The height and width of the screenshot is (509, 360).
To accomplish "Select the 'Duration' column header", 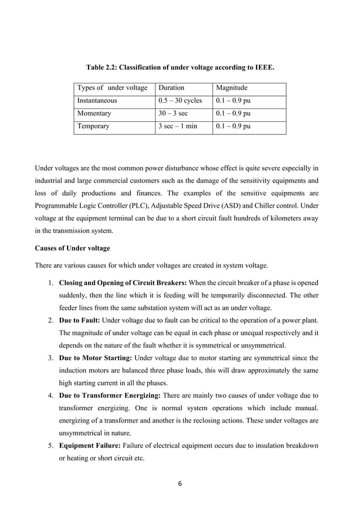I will tap(171, 88).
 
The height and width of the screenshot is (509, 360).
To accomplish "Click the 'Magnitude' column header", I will tap(232, 88).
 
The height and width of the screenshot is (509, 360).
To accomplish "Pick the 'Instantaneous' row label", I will tap(97, 101).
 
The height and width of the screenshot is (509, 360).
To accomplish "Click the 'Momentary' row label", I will tap(93, 113).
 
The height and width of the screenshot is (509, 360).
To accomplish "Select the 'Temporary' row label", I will tap(93, 126).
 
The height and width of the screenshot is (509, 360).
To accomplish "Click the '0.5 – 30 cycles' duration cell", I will tap(181, 101).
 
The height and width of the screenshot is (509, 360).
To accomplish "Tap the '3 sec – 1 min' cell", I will tap(178, 126).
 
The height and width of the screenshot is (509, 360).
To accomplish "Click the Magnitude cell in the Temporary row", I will tap(234, 126).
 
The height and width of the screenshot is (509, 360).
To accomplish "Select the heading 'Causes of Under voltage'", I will tap(72, 249).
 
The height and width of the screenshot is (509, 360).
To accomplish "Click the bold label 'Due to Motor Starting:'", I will tap(96, 358).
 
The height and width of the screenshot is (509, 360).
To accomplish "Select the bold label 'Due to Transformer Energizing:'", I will tap(110, 396).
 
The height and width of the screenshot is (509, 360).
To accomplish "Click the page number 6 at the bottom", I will tap(179, 483).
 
